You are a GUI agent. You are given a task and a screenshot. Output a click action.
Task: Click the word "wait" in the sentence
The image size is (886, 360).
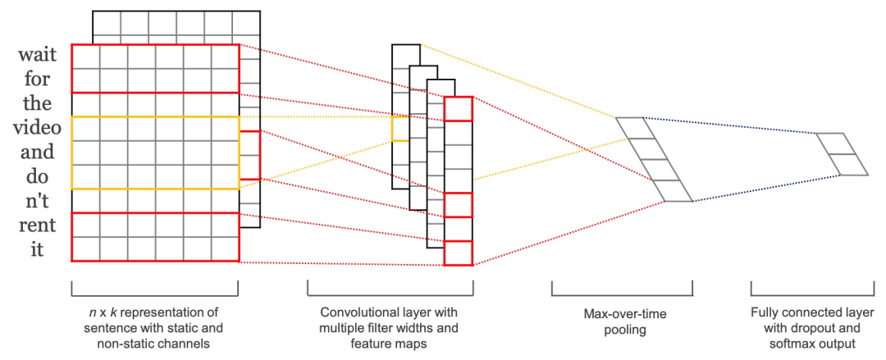pyautogui.click(x=37, y=56)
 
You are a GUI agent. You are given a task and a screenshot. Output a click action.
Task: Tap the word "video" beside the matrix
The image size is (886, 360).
pyautogui.click(x=37, y=128)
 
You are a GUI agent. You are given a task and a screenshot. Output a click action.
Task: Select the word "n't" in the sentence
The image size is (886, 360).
pyautogui.click(x=37, y=201)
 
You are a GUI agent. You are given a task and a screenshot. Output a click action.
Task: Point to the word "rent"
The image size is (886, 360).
pyautogui.click(x=37, y=226)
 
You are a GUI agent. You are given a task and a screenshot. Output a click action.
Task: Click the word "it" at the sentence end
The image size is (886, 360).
pyautogui.click(x=37, y=249)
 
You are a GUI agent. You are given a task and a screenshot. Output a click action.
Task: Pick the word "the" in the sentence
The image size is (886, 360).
pyautogui.click(x=37, y=104)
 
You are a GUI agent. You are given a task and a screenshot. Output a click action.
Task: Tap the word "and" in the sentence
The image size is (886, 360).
pyautogui.click(x=37, y=153)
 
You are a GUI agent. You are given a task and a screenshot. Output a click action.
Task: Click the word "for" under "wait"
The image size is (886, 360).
pyautogui.click(x=37, y=80)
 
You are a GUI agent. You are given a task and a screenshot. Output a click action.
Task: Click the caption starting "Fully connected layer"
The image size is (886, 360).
pyautogui.click(x=812, y=328)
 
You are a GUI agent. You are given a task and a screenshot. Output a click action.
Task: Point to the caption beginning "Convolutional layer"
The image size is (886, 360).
pyautogui.click(x=390, y=328)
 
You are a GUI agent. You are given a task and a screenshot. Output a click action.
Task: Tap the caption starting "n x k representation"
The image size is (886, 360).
pyautogui.click(x=154, y=328)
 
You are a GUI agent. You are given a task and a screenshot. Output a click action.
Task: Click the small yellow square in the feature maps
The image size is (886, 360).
pyautogui.click(x=400, y=128)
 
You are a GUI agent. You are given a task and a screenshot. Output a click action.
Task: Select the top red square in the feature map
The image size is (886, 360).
pyautogui.click(x=458, y=108)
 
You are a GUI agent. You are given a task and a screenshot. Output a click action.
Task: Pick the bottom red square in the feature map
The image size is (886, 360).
pyautogui.click(x=458, y=253)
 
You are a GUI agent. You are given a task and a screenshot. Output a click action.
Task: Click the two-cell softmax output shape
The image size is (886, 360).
pyautogui.click(x=842, y=153)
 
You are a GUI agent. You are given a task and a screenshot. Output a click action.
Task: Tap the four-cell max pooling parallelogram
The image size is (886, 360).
pyautogui.click(x=654, y=159)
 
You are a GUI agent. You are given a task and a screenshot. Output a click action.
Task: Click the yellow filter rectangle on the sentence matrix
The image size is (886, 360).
pyautogui.click(x=155, y=153)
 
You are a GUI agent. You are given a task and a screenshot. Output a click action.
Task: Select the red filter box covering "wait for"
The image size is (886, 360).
pyautogui.click(x=155, y=68)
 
